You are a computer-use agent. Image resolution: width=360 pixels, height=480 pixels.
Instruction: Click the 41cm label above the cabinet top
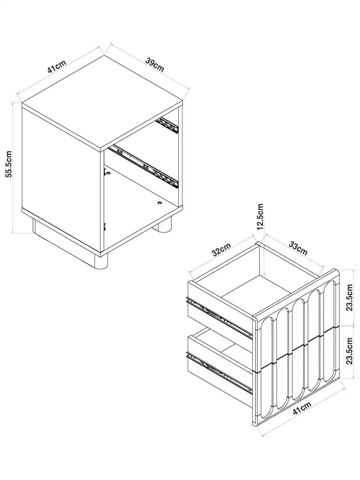pyautogui.click(x=57, y=67)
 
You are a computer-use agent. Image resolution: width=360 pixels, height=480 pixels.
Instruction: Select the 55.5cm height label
pyautogui.click(x=8, y=164)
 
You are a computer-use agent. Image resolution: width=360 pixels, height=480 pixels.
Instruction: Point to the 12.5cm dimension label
pyautogui.click(x=260, y=217)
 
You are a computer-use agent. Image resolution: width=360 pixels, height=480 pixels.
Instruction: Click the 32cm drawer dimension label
pyautogui.click(x=221, y=249)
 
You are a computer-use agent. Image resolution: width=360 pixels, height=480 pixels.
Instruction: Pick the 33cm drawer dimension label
pyautogui.click(x=298, y=248)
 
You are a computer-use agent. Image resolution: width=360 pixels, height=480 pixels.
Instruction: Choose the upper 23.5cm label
pyautogui.click(x=349, y=297)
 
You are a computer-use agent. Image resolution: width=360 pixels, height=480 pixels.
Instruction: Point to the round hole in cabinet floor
pyautogui.click(x=160, y=203)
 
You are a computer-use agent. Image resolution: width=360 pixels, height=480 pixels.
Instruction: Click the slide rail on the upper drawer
pyautogui.click(x=219, y=317)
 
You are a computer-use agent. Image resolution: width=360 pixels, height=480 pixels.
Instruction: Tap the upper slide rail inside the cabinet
pyautogui.click(x=167, y=125)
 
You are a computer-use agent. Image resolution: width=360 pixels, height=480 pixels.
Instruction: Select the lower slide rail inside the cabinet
pyautogui.click(x=144, y=167)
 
